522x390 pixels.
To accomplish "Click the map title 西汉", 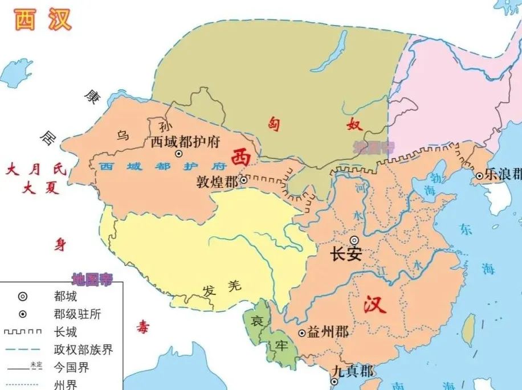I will (x=43, y=20).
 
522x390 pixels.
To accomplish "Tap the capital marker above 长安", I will (x=354, y=240).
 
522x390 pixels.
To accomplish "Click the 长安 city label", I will (x=346, y=254).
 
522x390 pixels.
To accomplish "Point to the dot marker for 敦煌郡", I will (x=243, y=180).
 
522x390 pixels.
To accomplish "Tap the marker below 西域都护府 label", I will (x=178, y=154).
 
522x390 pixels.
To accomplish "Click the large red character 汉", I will (x=375, y=305).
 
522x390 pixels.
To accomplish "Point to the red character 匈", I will (x=275, y=125).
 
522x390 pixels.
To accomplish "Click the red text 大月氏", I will (x=35, y=169).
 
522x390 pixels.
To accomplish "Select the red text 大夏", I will (x=41, y=187).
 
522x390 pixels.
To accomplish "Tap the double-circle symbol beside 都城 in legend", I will (x=22, y=296).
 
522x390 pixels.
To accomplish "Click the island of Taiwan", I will (x=468, y=330).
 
